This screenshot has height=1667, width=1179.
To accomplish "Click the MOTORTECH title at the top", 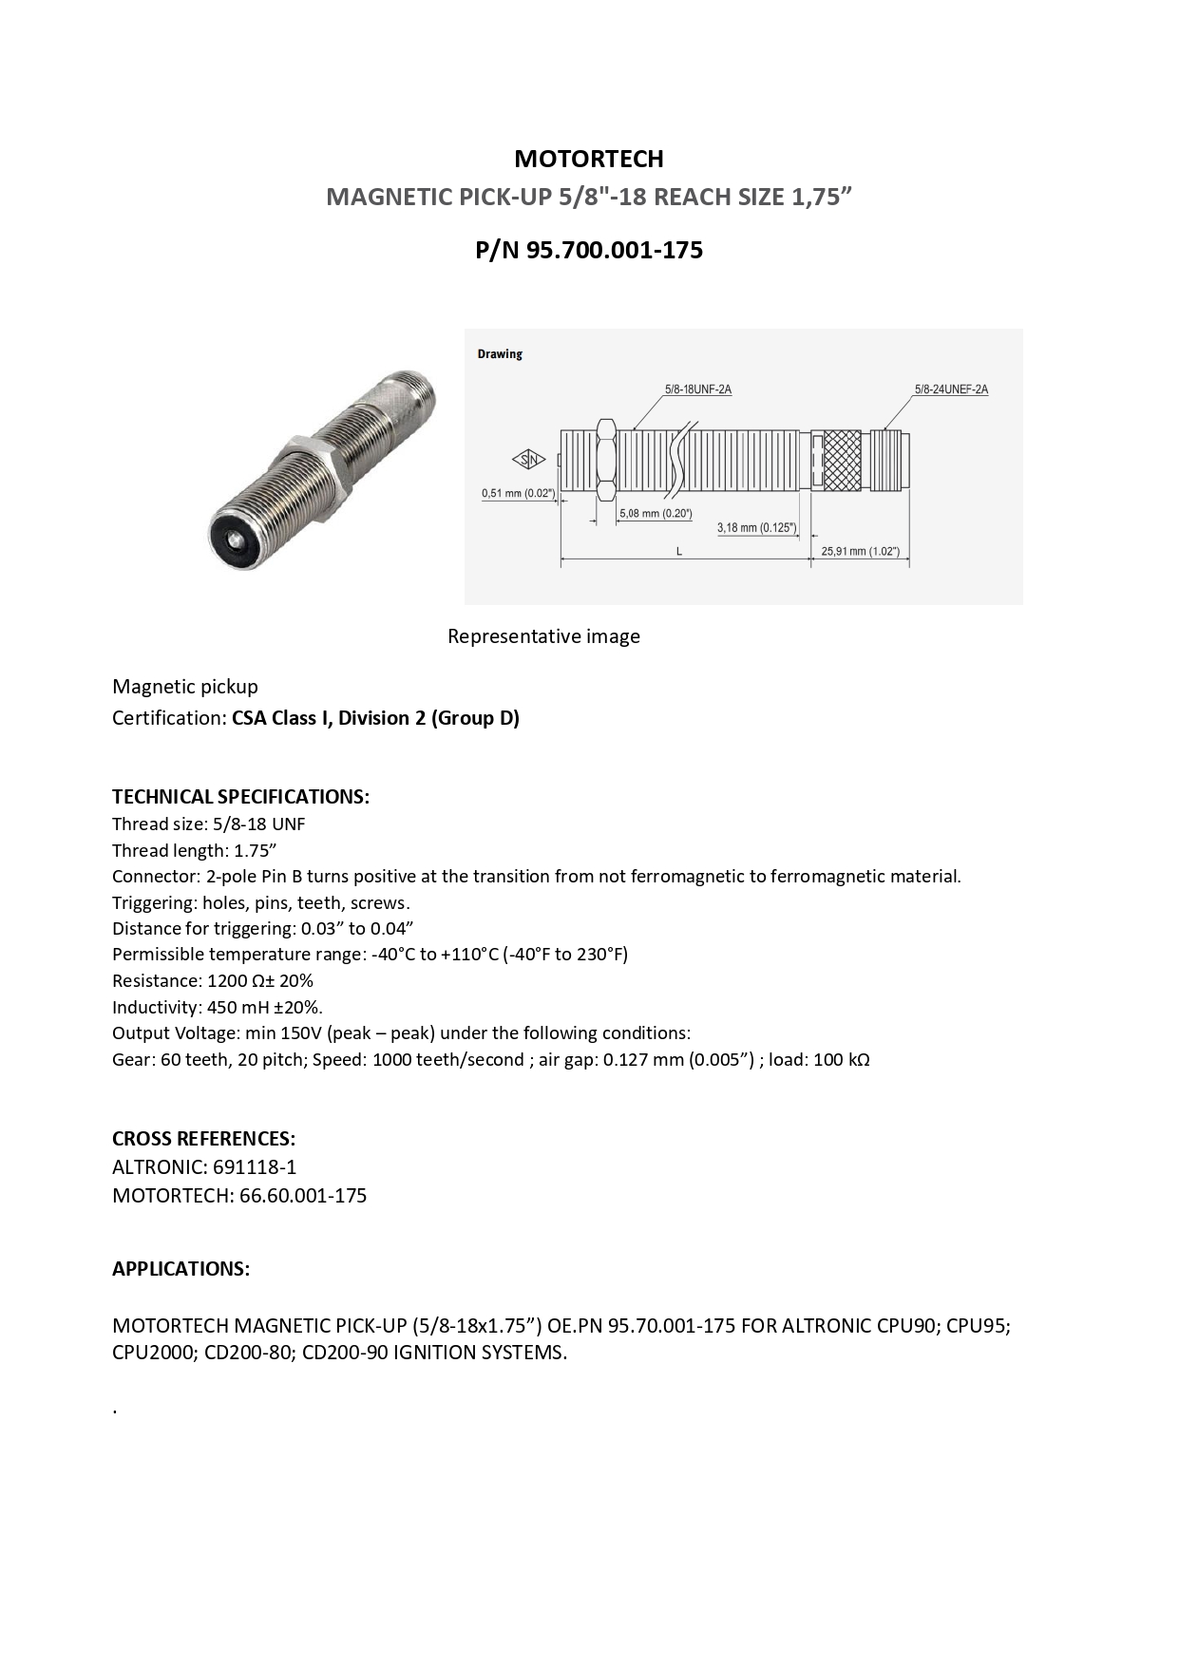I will [589, 159].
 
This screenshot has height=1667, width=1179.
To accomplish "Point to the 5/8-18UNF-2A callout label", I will [698, 389].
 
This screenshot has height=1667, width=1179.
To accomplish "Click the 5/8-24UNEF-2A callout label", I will [951, 389].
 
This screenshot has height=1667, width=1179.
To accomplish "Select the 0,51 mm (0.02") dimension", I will [518, 493].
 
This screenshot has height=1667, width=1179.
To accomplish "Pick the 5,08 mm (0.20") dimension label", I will [656, 514].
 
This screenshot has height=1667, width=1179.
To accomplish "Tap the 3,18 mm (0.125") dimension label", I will [756, 527].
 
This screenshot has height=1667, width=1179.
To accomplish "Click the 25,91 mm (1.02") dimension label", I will [861, 551].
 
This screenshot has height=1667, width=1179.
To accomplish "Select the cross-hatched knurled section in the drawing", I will [842, 461].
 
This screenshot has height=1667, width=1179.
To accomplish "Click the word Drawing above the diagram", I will [500, 354].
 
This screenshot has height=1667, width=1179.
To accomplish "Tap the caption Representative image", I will [543, 636].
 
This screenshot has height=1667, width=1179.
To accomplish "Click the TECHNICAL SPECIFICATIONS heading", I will [240, 797].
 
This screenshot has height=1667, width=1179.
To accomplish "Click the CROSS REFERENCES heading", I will [203, 1139].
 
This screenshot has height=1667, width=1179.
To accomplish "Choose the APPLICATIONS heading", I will [181, 1269].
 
